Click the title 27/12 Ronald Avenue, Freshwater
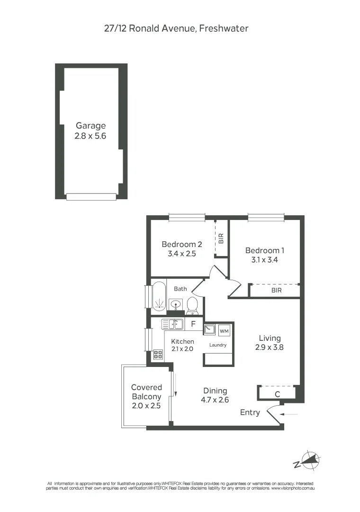(x=176, y=28)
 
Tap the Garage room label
(x=90, y=126)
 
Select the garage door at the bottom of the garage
(x=91, y=197)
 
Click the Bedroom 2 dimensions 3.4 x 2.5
(x=181, y=254)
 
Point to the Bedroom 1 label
(x=264, y=250)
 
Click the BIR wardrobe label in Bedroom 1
(x=276, y=290)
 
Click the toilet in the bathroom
(x=192, y=305)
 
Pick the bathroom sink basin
(x=176, y=303)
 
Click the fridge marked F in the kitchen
(x=193, y=325)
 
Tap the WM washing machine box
(x=225, y=330)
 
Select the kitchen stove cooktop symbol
(x=158, y=354)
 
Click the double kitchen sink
(x=172, y=324)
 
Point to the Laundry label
(x=218, y=345)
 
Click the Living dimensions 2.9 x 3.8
(x=270, y=347)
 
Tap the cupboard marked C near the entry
(x=277, y=393)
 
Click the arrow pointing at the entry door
(x=289, y=414)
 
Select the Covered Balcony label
(x=146, y=392)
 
